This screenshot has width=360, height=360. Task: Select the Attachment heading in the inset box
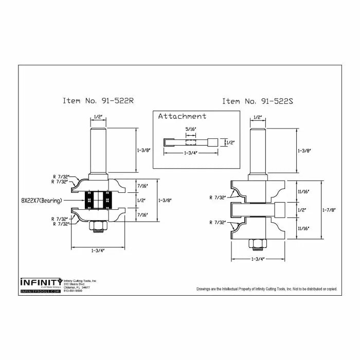[x=182, y=116]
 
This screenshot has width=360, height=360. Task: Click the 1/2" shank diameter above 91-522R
[x=97, y=117]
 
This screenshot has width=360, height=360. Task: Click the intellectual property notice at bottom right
[x=266, y=289]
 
